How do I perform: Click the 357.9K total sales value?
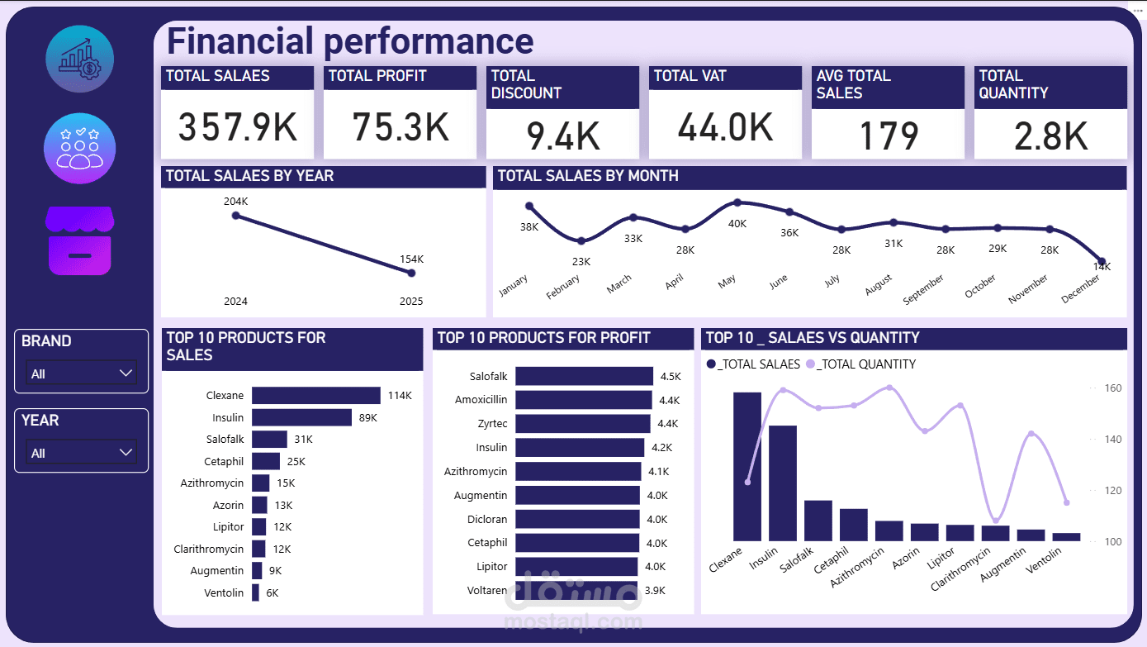(x=237, y=127)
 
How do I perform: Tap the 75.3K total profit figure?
(x=400, y=127)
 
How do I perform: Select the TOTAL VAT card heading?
(x=690, y=76)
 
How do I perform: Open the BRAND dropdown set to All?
(x=82, y=373)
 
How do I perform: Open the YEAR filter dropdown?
(x=82, y=453)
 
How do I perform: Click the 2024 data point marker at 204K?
(x=236, y=216)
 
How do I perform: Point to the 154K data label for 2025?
(x=411, y=259)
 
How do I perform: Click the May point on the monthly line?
(x=737, y=202)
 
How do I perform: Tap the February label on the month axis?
(x=563, y=287)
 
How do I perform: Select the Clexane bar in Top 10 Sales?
(x=315, y=396)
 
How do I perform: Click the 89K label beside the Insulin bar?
(x=367, y=418)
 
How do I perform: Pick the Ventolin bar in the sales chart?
(x=255, y=592)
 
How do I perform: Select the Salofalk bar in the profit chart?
(x=584, y=377)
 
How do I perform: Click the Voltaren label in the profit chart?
(x=487, y=591)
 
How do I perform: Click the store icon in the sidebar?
(x=80, y=240)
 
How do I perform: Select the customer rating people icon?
(x=80, y=149)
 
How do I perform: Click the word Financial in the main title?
(x=240, y=41)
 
